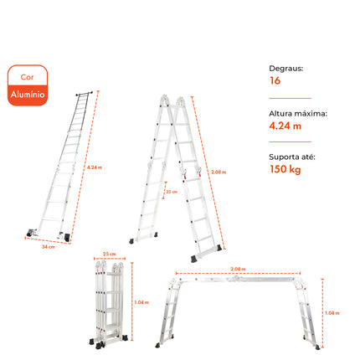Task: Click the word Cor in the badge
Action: [x=27, y=77]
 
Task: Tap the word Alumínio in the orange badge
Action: [x=28, y=95]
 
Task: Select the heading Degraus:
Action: [x=286, y=69]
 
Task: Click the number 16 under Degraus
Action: [x=275, y=80]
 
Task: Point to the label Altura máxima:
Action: [x=298, y=114]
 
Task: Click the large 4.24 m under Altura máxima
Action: [x=285, y=126]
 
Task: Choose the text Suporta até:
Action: [x=292, y=157]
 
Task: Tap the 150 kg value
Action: [x=285, y=169]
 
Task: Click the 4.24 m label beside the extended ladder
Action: [x=95, y=167]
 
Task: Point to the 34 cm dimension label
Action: [x=49, y=247]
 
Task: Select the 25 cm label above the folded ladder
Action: [x=110, y=254]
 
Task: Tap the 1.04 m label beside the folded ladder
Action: [x=141, y=302]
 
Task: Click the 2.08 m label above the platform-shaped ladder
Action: [x=238, y=269]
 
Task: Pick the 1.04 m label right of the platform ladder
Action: [x=332, y=313]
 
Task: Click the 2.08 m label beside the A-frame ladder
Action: [x=219, y=172]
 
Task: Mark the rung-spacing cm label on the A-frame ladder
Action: [x=172, y=192]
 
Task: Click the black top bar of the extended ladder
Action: [x=85, y=94]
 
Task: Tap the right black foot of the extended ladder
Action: [x=67, y=238]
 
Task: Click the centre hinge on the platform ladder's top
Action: [x=236, y=278]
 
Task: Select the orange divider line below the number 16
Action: [x=290, y=98]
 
